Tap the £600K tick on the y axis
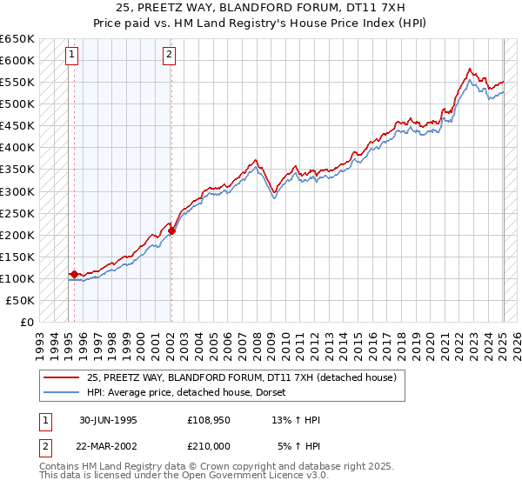17,60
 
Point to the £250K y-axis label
17,213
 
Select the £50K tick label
20,300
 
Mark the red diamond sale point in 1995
74,274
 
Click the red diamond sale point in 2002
172,230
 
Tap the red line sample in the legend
61,377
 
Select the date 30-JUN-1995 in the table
109,420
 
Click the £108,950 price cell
207,420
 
